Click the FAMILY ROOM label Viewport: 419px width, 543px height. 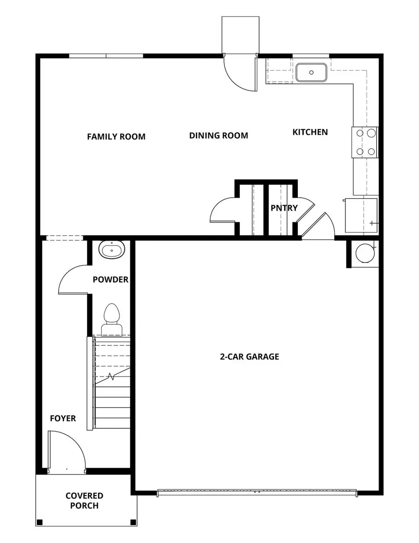(x=116, y=137)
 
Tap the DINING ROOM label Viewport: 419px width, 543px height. (x=218, y=136)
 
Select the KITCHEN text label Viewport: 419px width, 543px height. (x=310, y=132)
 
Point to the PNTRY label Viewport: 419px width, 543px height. (x=284, y=208)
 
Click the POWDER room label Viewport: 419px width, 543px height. (x=110, y=280)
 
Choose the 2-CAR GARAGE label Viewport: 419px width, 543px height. (x=250, y=357)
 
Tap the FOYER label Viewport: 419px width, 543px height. (x=63, y=418)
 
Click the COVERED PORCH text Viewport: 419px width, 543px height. (x=84, y=500)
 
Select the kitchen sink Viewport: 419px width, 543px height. (x=311, y=73)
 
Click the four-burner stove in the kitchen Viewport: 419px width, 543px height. (x=365, y=142)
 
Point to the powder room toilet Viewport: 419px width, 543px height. (x=111, y=321)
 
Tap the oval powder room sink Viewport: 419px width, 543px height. (x=112, y=250)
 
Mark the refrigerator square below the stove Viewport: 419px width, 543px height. (x=361, y=215)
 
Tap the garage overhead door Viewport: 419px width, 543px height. (x=257, y=491)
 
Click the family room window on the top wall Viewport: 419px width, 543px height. (x=106, y=56)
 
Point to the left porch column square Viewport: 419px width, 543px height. (x=40, y=522)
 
